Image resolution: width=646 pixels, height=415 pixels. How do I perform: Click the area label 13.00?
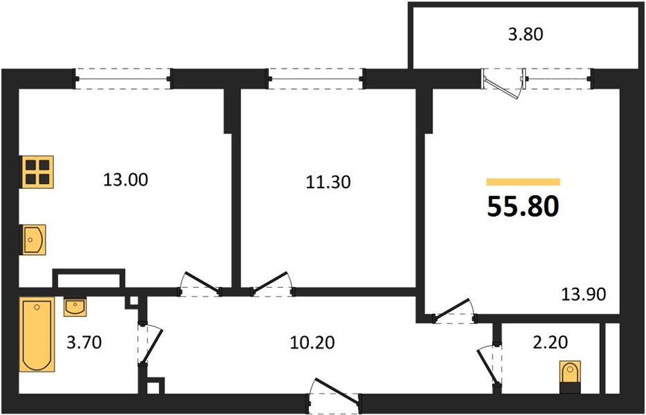(125, 181)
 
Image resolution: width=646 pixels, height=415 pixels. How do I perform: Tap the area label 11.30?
(328, 182)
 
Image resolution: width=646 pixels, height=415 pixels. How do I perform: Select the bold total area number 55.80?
(523, 206)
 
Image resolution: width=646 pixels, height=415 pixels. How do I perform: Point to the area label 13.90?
(584, 295)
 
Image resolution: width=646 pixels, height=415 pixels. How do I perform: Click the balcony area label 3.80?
(526, 35)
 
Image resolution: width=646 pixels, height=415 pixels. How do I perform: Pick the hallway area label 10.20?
(312, 342)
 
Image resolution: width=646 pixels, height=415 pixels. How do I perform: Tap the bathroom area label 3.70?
(84, 342)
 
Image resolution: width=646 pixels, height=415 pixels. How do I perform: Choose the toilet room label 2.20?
(551, 342)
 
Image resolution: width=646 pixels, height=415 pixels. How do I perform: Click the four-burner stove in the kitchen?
(37, 172)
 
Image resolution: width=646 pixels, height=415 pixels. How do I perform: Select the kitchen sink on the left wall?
(33, 240)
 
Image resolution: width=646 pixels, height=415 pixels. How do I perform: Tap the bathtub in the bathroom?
(37, 334)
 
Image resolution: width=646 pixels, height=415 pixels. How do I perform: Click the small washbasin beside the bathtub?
(75, 306)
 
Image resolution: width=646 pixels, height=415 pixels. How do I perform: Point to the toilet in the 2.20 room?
(570, 377)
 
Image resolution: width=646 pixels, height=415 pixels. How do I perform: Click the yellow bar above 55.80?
(523, 182)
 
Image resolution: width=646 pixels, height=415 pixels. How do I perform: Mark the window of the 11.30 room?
(316, 79)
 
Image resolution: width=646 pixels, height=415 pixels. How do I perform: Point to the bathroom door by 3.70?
(149, 344)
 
